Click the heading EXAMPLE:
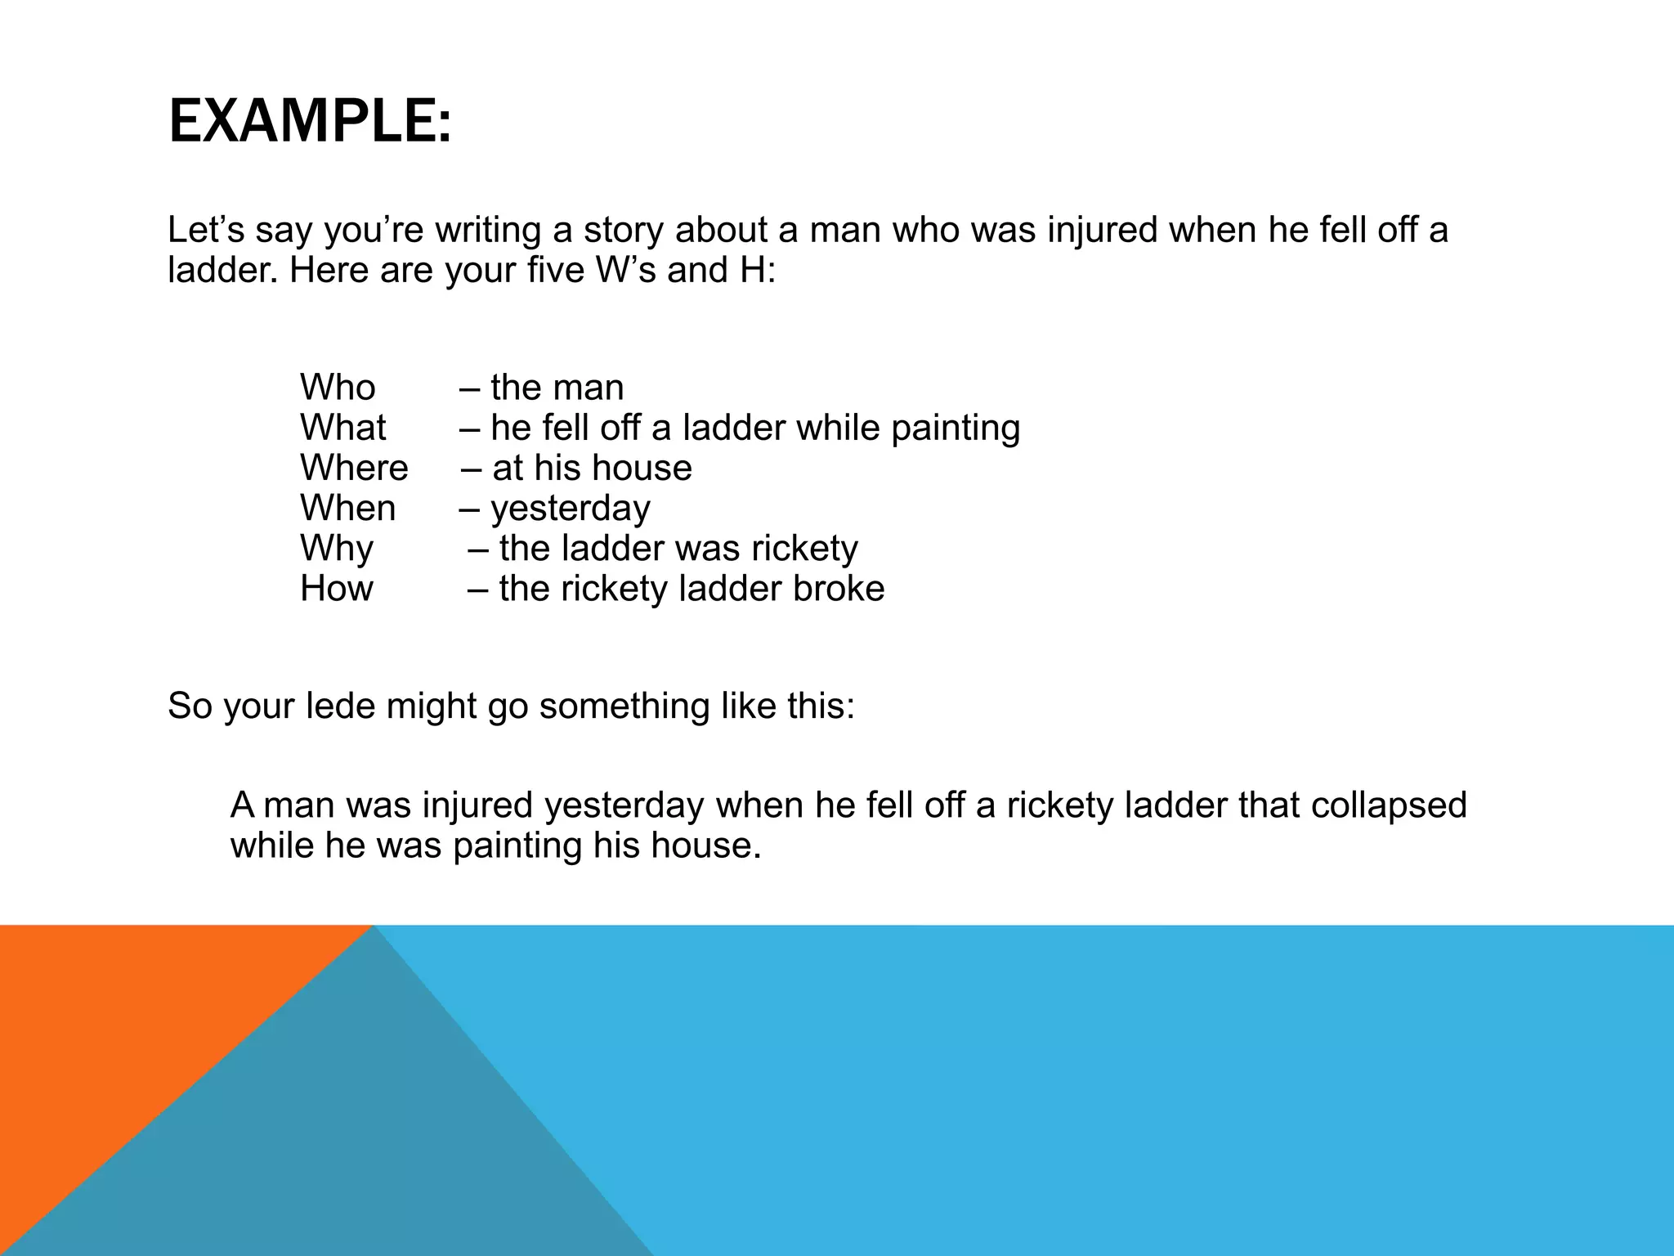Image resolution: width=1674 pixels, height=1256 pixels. point(309,121)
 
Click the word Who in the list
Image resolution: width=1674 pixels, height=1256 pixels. point(338,388)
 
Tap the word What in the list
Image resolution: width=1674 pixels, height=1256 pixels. point(342,428)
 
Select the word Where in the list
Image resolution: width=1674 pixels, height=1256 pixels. point(354,468)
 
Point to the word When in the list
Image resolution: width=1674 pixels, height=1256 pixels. point(347,508)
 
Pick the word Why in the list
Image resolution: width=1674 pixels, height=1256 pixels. point(336,549)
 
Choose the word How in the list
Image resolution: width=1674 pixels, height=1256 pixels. point(336,589)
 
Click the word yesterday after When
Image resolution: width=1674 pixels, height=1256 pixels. point(571,509)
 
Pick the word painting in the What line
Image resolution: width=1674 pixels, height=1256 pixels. point(956,428)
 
